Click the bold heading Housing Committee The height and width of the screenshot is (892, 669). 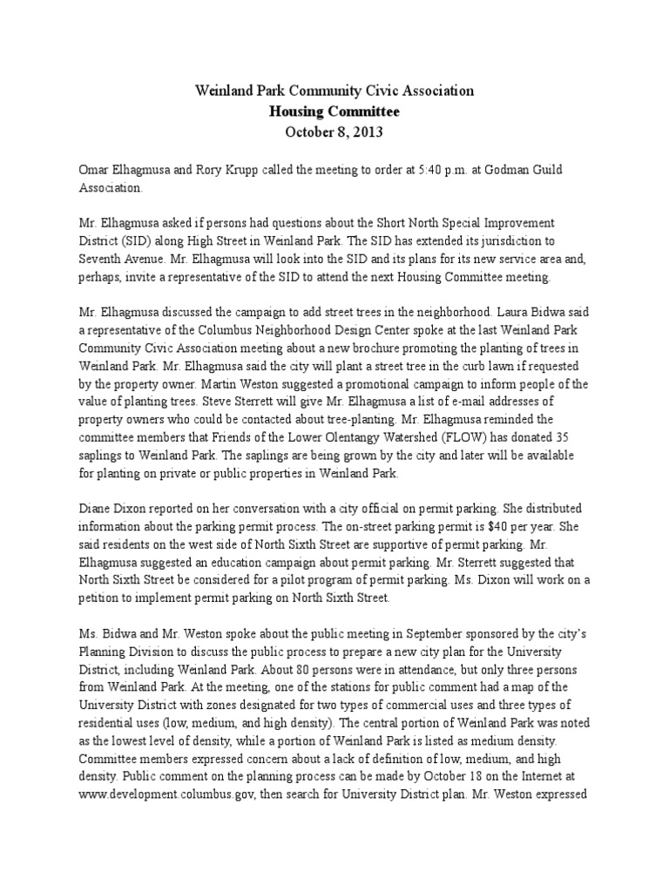(334, 111)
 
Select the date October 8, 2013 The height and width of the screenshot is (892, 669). (334, 133)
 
